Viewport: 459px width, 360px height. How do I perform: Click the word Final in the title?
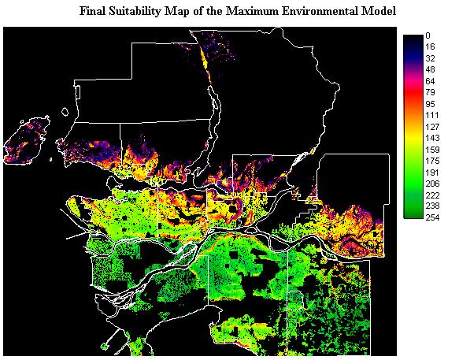click(x=94, y=12)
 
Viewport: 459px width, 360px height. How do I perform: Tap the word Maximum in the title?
click(x=257, y=12)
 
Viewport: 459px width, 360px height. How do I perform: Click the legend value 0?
click(x=427, y=35)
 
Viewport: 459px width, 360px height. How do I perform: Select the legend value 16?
click(x=429, y=46)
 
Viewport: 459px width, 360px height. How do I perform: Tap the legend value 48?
click(x=429, y=69)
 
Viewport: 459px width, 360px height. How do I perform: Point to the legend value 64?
click(x=429, y=80)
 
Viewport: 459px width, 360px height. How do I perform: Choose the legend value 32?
click(x=429, y=58)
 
